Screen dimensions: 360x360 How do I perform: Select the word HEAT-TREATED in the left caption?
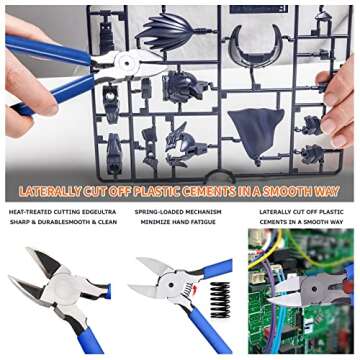(30, 212)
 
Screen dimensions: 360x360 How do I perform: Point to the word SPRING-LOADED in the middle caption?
(157, 212)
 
